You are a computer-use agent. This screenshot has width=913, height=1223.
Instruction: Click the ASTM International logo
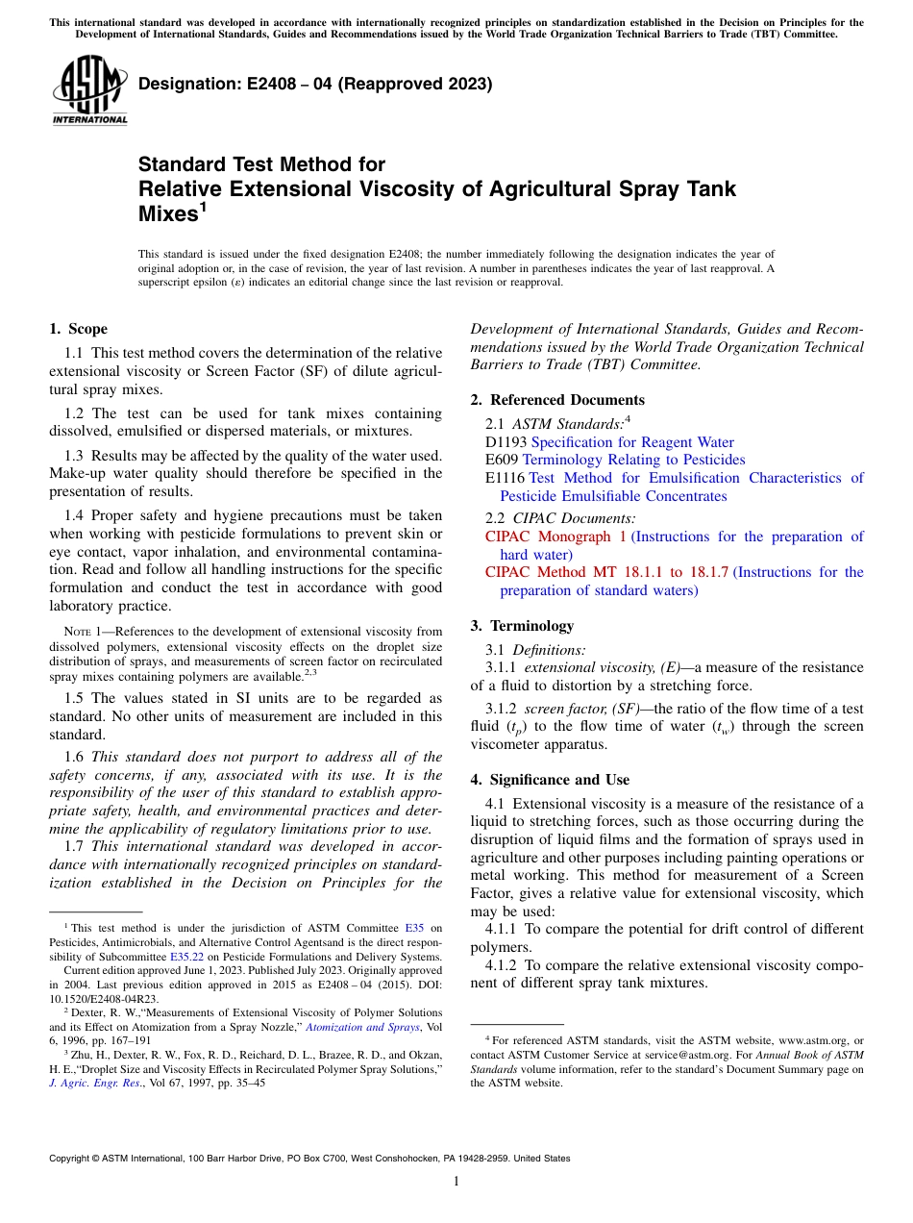(88, 90)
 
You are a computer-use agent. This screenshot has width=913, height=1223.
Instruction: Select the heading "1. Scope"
(79, 329)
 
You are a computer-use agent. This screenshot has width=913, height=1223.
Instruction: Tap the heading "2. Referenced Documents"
(557, 400)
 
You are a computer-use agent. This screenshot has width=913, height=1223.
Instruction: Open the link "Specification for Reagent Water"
(631, 442)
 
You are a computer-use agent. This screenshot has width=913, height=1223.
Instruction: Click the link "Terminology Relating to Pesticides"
(633, 461)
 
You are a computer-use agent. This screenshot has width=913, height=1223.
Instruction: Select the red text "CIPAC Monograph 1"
(555, 537)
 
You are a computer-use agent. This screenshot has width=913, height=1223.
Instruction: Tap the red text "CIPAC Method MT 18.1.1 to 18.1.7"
(606, 572)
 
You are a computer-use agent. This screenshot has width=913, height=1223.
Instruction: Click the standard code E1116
(505, 478)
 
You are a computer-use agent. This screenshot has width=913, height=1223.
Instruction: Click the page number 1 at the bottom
(456, 1182)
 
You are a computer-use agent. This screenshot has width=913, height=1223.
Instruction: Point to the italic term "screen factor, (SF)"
(587, 709)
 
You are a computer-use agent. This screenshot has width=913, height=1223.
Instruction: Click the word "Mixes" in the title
(167, 213)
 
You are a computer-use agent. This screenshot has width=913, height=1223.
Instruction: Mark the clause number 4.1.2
(505, 964)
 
